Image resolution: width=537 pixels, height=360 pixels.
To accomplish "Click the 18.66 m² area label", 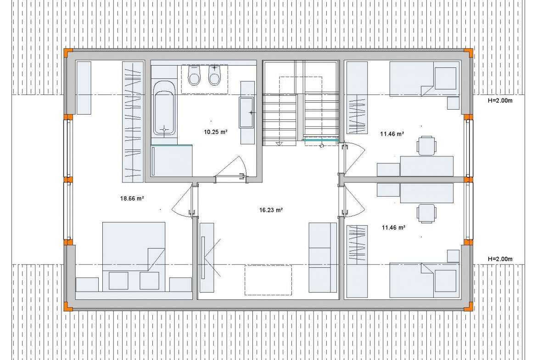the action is click(x=132, y=198).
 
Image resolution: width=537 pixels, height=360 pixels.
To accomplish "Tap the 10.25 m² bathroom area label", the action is click(x=216, y=132).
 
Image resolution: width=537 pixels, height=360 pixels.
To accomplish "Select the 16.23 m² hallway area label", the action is click(x=271, y=210).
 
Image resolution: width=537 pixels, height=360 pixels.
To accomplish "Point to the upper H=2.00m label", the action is click(x=500, y=100).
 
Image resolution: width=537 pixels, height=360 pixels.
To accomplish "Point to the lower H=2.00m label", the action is click(x=500, y=259).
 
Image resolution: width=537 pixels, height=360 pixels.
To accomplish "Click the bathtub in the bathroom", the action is click(x=164, y=108).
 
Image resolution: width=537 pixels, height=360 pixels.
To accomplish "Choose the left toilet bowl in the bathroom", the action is click(x=194, y=75).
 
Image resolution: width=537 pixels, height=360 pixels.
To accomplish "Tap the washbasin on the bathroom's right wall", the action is click(x=246, y=112).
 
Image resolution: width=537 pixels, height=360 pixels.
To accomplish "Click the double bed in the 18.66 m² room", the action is click(x=134, y=257).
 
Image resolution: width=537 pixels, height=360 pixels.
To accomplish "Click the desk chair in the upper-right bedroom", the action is click(x=426, y=145).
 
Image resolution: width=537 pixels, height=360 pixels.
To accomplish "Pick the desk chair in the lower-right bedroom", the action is click(x=426, y=213).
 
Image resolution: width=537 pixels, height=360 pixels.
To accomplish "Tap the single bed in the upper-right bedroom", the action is click(x=425, y=79).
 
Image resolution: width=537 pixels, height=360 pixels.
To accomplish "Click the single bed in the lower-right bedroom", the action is click(x=425, y=280).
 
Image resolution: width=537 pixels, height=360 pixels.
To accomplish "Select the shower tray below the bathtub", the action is click(x=172, y=161).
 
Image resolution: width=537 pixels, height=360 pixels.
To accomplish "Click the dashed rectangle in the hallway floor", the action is click(x=268, y=280).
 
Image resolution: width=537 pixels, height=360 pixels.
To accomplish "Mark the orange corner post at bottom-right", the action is click(x=468, y=307).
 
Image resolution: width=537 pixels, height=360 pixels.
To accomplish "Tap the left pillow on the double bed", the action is click(x=118, y=281).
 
